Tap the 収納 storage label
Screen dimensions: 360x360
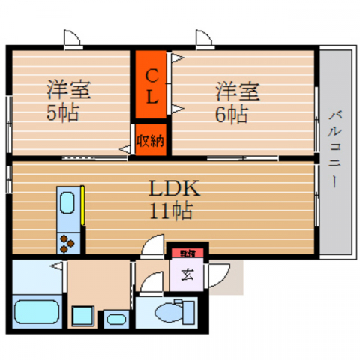click(151, 139)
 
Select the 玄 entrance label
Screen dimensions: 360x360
click(186, 274)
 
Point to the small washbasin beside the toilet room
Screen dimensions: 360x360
click(115, 319)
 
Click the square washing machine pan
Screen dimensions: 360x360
click(82, 315)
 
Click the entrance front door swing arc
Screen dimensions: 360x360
click(218, 275)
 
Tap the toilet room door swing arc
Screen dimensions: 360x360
click(152, 283)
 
